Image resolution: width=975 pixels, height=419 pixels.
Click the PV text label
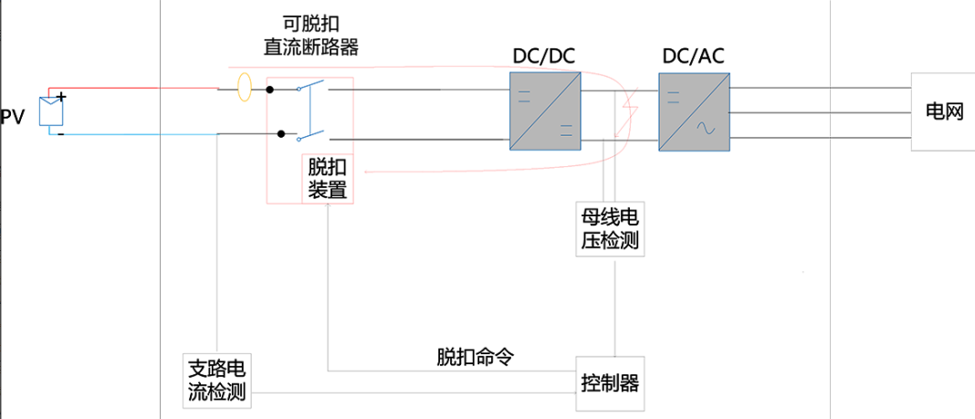[x=12, y=116]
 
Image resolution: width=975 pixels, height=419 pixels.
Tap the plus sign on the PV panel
[x=61, y=96]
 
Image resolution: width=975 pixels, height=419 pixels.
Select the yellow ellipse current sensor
[x=244, y=89]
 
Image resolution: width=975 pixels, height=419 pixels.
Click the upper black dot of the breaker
[x=270, y=89]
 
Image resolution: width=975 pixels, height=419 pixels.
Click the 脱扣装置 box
[x=326, y=179]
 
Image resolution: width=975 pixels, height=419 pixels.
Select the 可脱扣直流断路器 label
[x=306, y=36]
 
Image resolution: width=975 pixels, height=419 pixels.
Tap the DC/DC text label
[x=544, y=57]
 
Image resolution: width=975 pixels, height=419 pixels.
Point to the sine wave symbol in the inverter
[x=707, y=130]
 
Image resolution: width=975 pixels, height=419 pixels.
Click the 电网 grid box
[x=943, y=111]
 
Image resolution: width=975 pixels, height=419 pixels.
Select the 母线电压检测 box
[x=610, y=229]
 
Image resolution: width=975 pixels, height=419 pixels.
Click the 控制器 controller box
[x=610, y=382]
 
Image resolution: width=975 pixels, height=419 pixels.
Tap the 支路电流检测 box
[x=216, y=382]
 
